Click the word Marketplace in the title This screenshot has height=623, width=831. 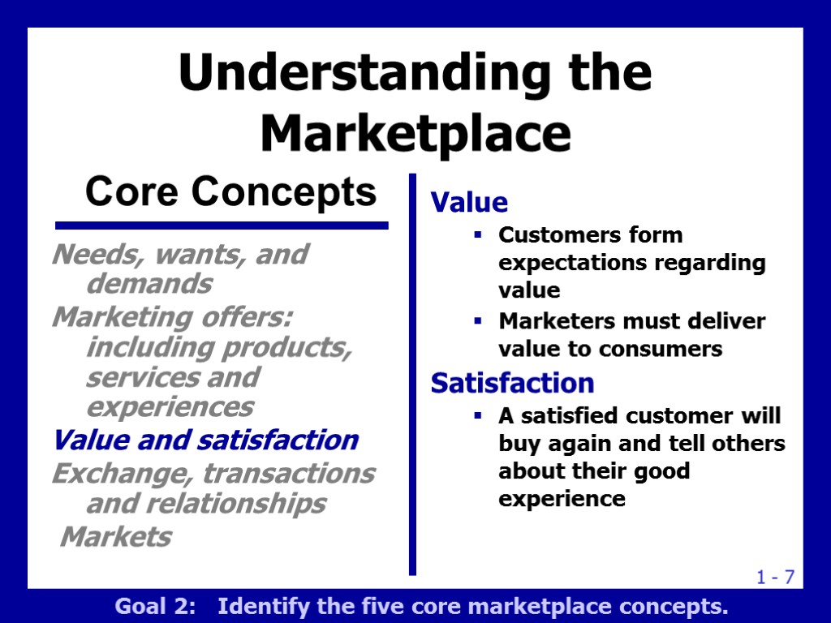point(415,134)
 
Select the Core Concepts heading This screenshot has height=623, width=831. point(231,192)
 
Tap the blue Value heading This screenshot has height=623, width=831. point(469,202)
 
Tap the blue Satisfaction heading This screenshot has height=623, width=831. point(512,382)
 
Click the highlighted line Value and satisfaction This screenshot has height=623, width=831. point(205,440)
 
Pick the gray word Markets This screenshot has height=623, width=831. point(117,536)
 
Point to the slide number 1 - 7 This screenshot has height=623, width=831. point(775,578)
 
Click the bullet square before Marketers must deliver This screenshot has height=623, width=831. point(478,322)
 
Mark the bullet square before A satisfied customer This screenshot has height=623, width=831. point(478,416)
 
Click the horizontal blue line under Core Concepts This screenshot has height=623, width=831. point(221,226)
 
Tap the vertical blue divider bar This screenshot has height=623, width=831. point(412,373)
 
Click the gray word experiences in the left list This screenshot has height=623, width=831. point(170,406)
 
